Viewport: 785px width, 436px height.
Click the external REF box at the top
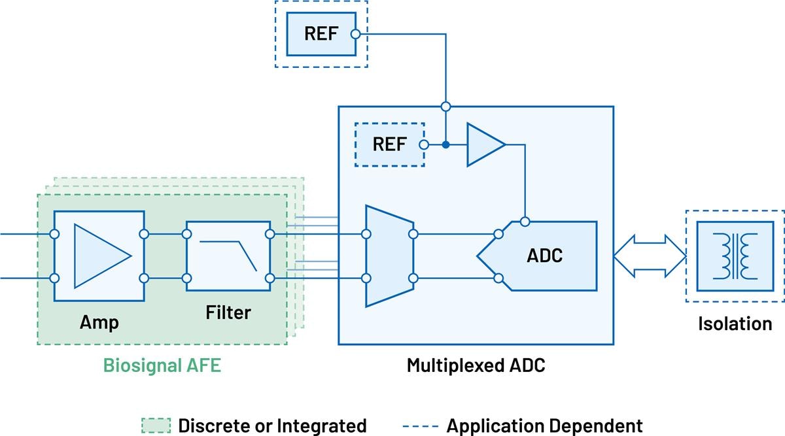click(321, 34)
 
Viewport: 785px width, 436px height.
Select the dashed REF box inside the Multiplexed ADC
click(389, 144)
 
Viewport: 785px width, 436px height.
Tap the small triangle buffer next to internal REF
click(484, 144)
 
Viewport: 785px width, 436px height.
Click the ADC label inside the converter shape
click(544, 256)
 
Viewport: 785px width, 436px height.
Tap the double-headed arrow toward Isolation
click(648, 256)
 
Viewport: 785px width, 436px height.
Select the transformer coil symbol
click(735, 256)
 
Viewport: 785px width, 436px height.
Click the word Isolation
click(735, 323)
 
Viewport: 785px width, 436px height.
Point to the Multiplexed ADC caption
click(476, 365)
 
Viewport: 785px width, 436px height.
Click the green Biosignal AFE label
click(162, 365)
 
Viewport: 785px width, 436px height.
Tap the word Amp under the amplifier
click(99, 322)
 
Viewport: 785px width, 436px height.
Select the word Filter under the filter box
click(228, 312)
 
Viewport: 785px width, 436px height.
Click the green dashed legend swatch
click(156, 426)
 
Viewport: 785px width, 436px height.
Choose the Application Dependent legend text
click(544, 426)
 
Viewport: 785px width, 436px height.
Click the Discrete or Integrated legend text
click(272, 426)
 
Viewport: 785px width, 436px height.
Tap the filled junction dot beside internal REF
click(446, 144)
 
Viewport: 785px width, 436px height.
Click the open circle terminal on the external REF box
click(355, 34)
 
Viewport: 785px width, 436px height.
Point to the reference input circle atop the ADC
click(525, 221)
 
